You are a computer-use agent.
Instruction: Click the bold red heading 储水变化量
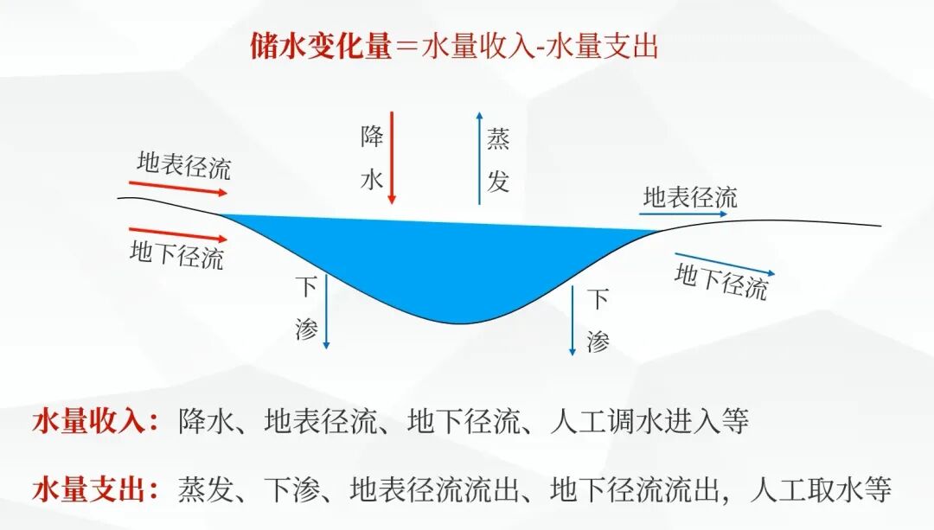click(321, 46)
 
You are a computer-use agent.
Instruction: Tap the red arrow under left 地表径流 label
click(178, 188)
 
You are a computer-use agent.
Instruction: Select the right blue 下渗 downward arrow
click(573, 320)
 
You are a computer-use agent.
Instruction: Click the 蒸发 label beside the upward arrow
click(498, 160)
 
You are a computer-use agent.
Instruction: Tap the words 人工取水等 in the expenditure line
click(821, 490)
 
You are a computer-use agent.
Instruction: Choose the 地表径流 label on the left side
click(184, 164)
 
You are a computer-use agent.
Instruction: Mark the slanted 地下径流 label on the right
click(721, 282)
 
